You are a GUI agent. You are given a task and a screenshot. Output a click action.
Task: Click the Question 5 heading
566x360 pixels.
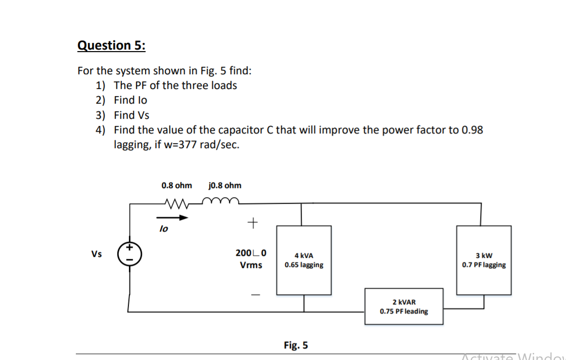[x=112, y=46]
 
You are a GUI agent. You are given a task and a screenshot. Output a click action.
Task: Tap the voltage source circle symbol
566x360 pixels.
[x=129, y=254]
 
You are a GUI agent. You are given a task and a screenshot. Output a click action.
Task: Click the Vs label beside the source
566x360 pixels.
[x=97, y=254]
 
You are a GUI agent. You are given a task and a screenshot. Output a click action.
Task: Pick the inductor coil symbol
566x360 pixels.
[x=220, y=200]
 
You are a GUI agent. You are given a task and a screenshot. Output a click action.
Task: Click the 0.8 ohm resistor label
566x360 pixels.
[x=176, y=186]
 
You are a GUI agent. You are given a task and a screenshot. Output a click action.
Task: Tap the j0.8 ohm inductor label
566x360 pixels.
[x=225, y=186]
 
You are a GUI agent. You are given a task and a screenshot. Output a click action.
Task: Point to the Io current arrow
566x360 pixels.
[x=172, y=217]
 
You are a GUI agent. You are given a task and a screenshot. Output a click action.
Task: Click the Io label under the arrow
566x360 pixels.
[x=164, y=229]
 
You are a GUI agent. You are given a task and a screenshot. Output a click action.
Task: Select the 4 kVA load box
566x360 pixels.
[x=304, y=260]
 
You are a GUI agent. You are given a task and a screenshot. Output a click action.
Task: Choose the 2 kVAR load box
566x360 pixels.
[x=404, y=306]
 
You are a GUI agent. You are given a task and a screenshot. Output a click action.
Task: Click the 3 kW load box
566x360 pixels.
[x=484, y=260]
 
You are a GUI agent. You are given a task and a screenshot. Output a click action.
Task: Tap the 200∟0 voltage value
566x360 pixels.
[x=251, y=253]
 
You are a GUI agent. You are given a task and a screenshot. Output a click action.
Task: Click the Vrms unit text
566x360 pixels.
[x=251, y=265]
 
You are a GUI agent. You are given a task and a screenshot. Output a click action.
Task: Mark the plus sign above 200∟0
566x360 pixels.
[x=253, y=223]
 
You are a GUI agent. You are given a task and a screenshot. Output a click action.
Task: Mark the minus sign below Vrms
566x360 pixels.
[x=255, y=295]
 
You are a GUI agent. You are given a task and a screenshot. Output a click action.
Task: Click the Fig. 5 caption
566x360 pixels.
[x=296, y=345]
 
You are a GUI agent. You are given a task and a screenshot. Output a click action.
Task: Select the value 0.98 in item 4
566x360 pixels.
[x=472, y=129]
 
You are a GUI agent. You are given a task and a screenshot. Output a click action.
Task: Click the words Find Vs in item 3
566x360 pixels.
[x=131, y=115]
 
